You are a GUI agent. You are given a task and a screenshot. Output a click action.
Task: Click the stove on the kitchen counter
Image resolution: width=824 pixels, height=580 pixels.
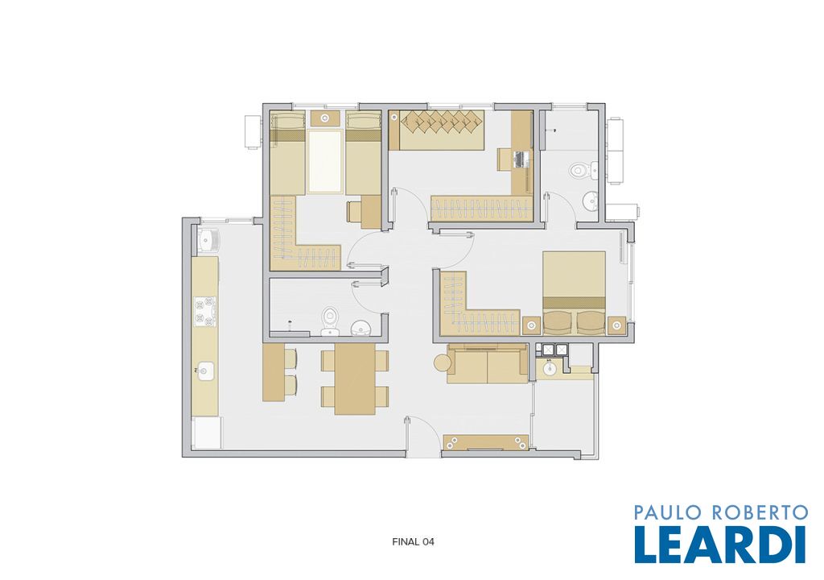coord(205,311)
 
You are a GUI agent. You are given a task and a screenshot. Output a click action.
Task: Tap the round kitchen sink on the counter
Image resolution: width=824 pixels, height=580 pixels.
coord(205,371)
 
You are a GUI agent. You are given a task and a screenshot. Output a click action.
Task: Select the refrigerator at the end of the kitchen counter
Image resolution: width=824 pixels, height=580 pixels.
coord(207,433)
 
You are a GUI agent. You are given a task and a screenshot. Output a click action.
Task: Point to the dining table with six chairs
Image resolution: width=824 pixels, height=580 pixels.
coord(355,379)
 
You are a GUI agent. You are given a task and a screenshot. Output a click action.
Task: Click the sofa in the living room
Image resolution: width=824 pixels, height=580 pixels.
coord(488,364)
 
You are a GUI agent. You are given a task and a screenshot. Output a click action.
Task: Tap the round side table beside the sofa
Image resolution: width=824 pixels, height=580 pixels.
coord(442,362)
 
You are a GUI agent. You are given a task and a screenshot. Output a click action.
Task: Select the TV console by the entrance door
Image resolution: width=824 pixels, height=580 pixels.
coord(486,442)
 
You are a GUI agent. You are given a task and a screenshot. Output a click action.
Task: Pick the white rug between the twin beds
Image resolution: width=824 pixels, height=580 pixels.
coord(325,162)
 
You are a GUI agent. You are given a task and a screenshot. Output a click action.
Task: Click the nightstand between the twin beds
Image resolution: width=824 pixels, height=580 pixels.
coord(325,118)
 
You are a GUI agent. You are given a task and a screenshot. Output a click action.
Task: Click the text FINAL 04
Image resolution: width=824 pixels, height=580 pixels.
coord(413,541)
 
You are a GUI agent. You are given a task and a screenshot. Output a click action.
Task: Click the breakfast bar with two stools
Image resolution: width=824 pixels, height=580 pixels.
coord(280,373)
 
